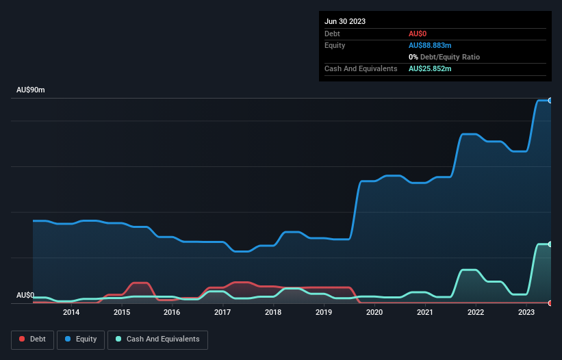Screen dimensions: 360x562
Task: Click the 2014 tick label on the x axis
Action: pyautogui.click(x=71, y=313)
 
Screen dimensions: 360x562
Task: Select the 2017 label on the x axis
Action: pyautogui.click(x=222, y=313)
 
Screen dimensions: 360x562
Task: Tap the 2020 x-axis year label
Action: pyautogui.click(x=374, y=313)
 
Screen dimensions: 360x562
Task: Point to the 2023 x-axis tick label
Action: pyautogui.click(x=526, y=313)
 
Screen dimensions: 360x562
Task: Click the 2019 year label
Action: pyautogui.click(x=324, y=313)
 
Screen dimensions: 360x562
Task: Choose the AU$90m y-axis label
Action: pyautogui.click(x=31, y=90)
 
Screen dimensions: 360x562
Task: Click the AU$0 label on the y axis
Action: pyautogui.click(x=25, y=296)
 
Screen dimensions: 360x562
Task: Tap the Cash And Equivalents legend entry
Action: pyautogui.click(x=157, y=339)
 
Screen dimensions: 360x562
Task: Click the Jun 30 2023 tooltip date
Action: pyautogui.click(x=345, y=21)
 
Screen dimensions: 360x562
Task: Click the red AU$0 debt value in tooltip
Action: pyautogui.click(x=418, y=34)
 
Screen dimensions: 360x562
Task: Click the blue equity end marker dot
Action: pyautogui.click(x=550, y=101)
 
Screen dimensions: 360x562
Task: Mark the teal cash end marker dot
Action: pyautogui.click(x=550, y=244)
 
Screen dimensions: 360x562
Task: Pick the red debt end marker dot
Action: pyautogui.click(x=550, y=303)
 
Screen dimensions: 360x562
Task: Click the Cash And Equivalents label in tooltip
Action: pyautogui.click(x=361, y=68)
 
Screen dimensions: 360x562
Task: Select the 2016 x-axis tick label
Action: pyautogui.click(x=172, y=313)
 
